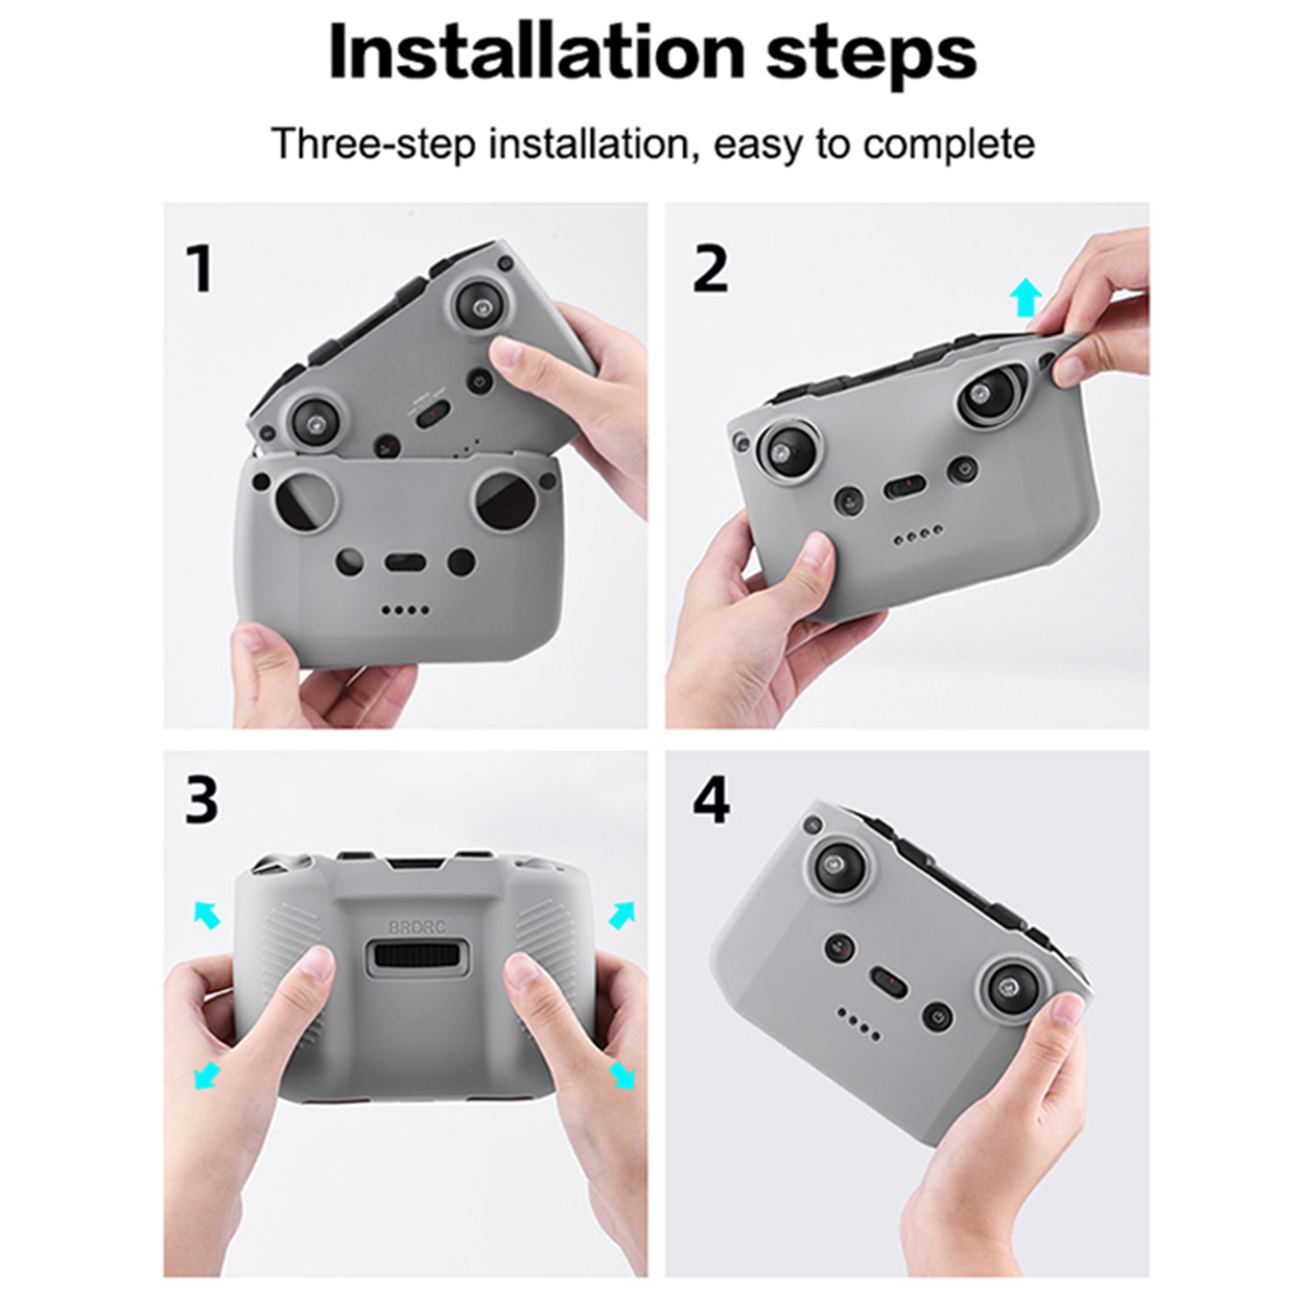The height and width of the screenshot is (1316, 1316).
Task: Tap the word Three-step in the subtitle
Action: pos(374,145)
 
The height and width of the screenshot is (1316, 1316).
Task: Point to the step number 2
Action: pos(711,269)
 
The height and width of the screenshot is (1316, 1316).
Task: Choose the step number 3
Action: pos(202,799)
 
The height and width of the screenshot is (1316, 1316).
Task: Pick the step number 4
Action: pos(711,799)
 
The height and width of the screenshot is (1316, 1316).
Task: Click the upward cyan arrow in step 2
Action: pos(1025,297)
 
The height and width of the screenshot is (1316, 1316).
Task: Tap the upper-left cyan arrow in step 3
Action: pos(207,914)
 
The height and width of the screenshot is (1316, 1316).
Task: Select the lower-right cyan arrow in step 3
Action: pos(622,1074)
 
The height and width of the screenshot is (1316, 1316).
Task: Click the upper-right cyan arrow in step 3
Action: pos(622,915)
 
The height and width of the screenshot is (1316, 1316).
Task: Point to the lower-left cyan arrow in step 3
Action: pos(206,1074)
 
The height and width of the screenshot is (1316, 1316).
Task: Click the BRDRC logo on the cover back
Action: pos(417,927)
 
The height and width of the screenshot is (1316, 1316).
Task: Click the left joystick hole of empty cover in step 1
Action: pos(305,501)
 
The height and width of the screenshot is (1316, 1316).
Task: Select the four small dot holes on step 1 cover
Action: pos(405,610)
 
